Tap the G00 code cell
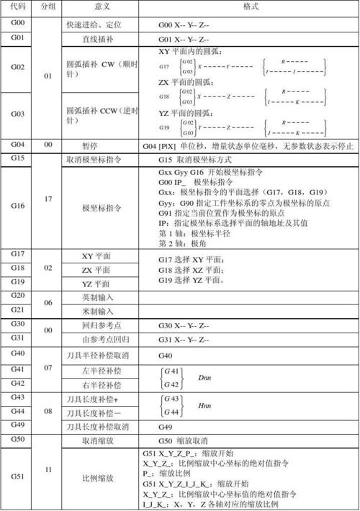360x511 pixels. click(x=17, y=24)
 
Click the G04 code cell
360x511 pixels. click(x=17, y=145)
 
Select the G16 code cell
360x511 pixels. click(x=17, y=207)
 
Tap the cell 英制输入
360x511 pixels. click(x=100, y=297)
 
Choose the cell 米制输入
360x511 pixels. click(x=100, y=311)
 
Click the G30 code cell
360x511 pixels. click(x=17, y=325)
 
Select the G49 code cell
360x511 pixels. click(x=17, y=425)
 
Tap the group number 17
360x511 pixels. click(x=48, y=199)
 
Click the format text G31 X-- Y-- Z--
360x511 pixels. click(x=184, y=339)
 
